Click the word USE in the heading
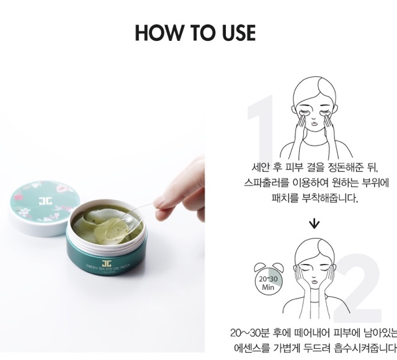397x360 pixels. (234, 33)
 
